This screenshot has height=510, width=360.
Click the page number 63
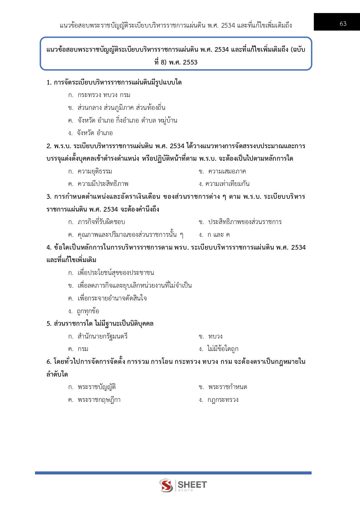pos(343,24)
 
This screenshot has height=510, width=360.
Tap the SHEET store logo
pos(183,485)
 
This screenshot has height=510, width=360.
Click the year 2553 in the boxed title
pos(190,62)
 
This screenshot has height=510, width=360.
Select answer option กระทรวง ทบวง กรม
pos(104,95)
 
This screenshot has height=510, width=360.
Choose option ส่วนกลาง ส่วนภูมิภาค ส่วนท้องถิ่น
pos(121,108)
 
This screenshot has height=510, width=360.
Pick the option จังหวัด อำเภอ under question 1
pos(94,133)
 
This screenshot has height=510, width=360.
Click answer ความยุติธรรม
pos(95,171)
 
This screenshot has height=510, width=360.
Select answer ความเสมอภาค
pos(227,171)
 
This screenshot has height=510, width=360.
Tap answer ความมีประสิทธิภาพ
pos(103,184)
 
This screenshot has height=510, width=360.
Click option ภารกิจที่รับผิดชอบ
pos(101,222)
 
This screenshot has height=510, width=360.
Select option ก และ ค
pos(218,235)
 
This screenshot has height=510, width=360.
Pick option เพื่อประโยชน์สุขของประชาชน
pos(116,273)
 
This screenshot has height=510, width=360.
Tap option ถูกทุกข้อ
pos(88,311)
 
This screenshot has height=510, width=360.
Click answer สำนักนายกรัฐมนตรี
pos(102,337)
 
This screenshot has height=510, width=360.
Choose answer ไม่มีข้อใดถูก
pos(222,349)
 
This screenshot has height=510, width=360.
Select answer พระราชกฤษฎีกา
pos(99,400)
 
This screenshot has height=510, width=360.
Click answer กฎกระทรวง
pos(223,400)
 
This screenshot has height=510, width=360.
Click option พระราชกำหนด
pos(227,387)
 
